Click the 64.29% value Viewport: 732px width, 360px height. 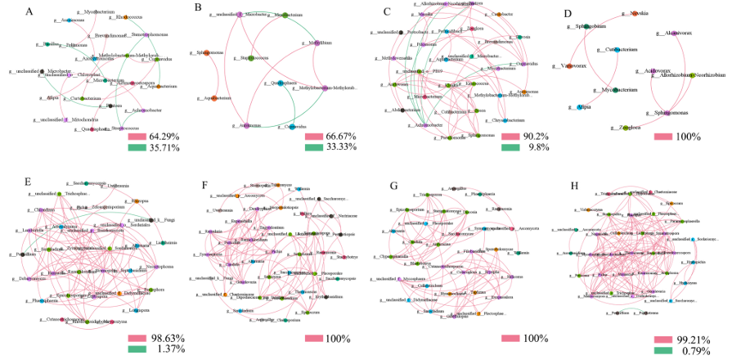tap(164, 136)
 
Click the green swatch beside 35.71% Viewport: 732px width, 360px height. tap(138, 148)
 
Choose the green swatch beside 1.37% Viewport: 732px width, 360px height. tap(138, 350)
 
